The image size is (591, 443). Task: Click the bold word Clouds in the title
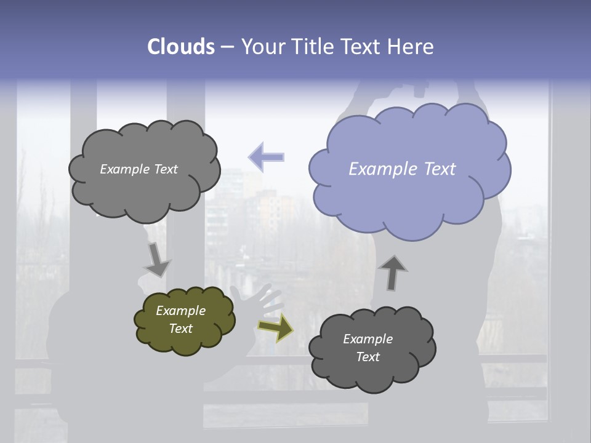[181, 47]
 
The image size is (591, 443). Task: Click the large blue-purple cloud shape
[409, 185]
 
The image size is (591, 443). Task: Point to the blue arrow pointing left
[267, 157]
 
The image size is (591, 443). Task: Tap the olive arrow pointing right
[275, 327]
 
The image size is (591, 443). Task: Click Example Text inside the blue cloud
[402, 169]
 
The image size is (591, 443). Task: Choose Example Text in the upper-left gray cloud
[139, 169]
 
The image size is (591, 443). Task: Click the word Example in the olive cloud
[180, 311]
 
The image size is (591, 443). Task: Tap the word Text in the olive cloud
[180, 329]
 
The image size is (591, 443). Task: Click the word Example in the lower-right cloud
[368, 339]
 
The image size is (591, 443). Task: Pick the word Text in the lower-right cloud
[368, 357]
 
